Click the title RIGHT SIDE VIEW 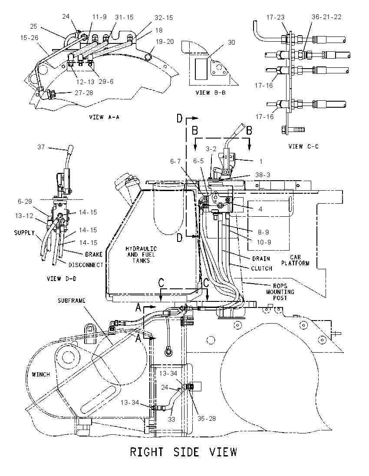coord(183,452)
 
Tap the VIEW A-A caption coord(104,117)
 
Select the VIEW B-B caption coord(211,93)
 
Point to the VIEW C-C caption coord(303,146)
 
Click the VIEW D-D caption coord(62,279)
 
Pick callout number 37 coord(41,147)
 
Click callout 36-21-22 coord(326,17)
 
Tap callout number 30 coord(231,43)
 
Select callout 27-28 coord(84,93)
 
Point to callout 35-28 coord(207,419)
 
